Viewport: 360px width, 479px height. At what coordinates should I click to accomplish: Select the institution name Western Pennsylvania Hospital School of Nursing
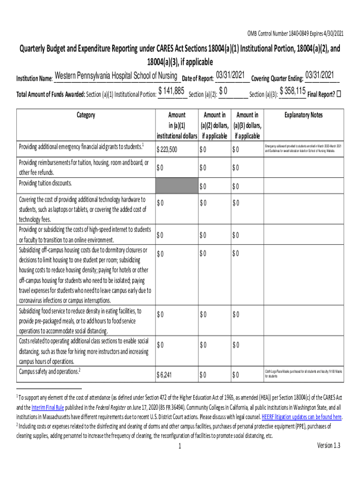[x=115, y=76]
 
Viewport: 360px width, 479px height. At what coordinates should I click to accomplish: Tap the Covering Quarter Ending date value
[x=319, y=75]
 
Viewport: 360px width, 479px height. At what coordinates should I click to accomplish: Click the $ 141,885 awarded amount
[x=173, y=91]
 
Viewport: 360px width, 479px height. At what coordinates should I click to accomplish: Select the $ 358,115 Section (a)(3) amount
[x=293, y=91]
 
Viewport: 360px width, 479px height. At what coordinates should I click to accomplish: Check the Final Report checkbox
[x=339, y=94]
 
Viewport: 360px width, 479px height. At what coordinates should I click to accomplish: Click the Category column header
[x=85, y=115]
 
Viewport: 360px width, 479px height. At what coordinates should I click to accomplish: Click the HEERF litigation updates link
[x=302, y=417]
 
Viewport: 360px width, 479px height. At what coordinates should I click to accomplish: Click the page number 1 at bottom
[x=180, y=446]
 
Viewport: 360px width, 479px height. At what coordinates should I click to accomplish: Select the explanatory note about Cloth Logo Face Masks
[x=303, y=373]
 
